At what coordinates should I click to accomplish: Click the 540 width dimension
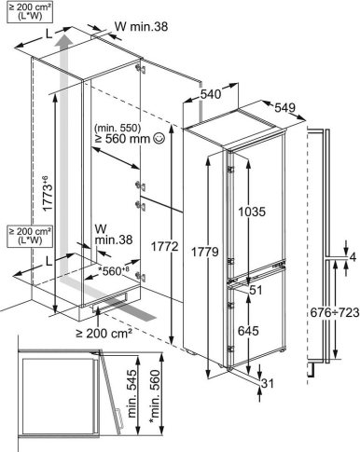[211, 94]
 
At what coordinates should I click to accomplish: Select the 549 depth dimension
[284, 107]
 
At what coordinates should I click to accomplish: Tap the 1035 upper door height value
[252, 212]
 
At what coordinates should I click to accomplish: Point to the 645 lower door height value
[248, 331]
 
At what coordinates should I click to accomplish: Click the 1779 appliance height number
[204, 252]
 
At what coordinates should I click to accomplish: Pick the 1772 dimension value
[165, 247]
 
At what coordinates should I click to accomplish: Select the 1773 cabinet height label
[46, 193]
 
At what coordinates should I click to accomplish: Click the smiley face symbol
[159, 138]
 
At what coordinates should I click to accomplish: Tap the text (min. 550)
[118, 128]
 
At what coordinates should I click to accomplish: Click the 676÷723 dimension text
[335, 312]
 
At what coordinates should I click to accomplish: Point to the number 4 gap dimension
[353, 257]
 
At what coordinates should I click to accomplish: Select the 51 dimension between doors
[256, 290]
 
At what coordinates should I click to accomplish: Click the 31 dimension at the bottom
[268, 383]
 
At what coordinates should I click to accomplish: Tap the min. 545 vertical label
[132, 393]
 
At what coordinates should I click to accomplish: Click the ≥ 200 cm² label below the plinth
[104, 334]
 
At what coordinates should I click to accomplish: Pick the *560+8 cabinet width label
[113, 271]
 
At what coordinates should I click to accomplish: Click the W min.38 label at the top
[142, 27]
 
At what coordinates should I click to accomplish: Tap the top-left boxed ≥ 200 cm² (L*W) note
[30, 11]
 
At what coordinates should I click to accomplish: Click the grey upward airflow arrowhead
[65, 40]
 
